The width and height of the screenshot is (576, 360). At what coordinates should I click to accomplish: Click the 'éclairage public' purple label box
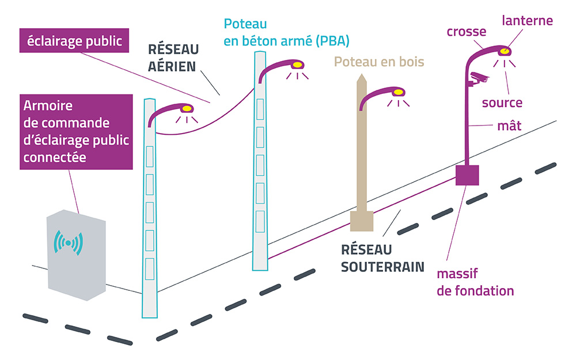[x=74, y=40]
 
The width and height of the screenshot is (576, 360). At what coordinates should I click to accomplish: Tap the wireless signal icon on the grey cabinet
[x=68, y=243]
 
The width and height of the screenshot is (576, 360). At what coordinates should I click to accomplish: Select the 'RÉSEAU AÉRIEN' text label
[x=173, y=58]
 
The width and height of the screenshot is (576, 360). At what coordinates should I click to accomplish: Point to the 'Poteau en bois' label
[x=379, y=62]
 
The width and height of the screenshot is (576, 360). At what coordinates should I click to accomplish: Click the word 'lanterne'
[x=527, y=20]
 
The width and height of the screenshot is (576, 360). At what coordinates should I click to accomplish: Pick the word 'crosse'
[x=467, y=32]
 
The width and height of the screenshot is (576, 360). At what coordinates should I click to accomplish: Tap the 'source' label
[x=502, y=103]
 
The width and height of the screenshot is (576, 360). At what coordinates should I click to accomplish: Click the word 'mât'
[x=509, y=125]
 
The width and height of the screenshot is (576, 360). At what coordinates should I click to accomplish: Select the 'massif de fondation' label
[x=475, y=282]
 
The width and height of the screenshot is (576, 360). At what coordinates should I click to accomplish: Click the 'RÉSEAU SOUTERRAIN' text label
[x=382, y=258]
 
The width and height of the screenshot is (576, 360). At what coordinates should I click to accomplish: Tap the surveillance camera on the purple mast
[x=478, y=78]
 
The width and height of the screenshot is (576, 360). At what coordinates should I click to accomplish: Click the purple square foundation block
[x=467, y=175]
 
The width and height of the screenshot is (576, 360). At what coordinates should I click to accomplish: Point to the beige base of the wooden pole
[x=362, y=221]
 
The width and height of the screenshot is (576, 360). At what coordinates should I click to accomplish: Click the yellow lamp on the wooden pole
[x=398, y=92]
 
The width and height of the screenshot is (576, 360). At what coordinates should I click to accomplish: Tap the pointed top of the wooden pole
[x=362, y=74]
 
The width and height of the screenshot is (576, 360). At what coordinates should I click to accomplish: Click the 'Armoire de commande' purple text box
[x=76, y=132]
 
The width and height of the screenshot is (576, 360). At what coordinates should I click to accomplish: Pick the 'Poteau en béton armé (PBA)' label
[x=286, y=32]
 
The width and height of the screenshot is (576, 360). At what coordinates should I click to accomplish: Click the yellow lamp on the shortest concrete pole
[x=187, y=109]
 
